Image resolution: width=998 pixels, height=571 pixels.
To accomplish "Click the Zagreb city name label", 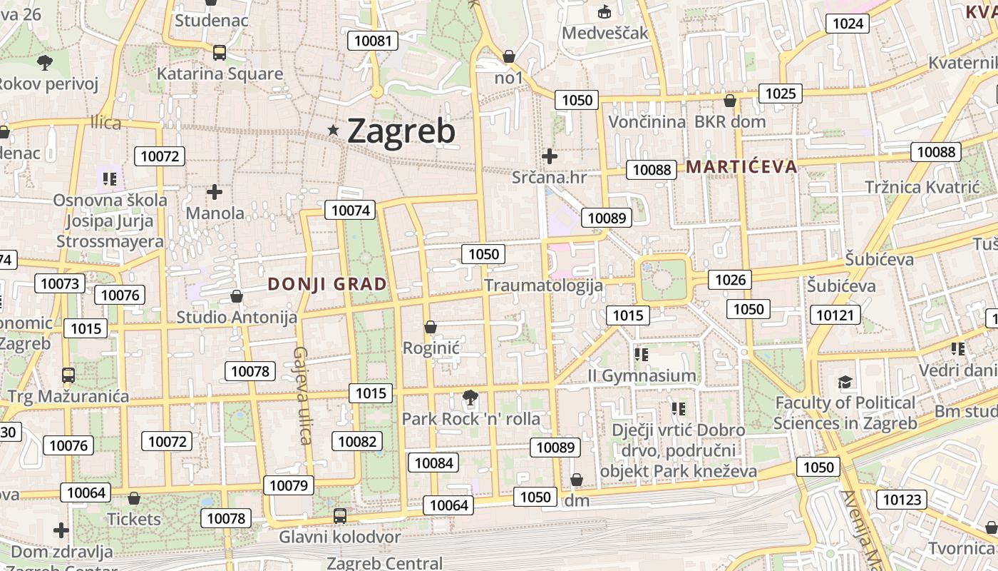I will click(401, 131).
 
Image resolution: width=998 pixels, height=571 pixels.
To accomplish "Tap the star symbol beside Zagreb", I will click(333, 130).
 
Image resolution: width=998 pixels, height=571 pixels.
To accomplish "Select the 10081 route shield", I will click(373, 41).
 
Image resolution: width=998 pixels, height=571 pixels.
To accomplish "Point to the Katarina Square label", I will click(220, 74).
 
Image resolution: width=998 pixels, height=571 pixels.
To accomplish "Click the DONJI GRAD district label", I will click(327, 284).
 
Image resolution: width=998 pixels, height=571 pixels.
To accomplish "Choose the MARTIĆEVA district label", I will click(741, 167).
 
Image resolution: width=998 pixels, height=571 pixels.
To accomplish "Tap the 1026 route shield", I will click(730, 279).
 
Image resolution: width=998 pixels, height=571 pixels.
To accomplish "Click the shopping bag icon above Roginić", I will click(430, 327).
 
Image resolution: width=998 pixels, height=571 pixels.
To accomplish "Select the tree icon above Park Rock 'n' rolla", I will click(469, 397).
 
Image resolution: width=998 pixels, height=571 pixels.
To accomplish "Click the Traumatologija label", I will click(543, 285).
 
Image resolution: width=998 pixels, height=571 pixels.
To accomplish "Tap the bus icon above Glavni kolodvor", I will click(340, 515).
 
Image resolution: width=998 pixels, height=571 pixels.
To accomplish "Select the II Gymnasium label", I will click(642, 375).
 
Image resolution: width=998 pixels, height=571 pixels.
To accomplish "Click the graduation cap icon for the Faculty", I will click(845, 382).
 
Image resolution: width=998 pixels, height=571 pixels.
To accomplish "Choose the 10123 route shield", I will click(902, 500).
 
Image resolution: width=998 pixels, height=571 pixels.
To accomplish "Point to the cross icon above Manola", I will click(215, 192).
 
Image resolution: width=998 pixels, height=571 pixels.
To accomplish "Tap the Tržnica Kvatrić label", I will click(922, 187).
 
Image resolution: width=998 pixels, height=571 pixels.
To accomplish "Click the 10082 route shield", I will click(356, 441).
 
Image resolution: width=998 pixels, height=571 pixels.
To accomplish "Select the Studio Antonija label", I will click(237, 317).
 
